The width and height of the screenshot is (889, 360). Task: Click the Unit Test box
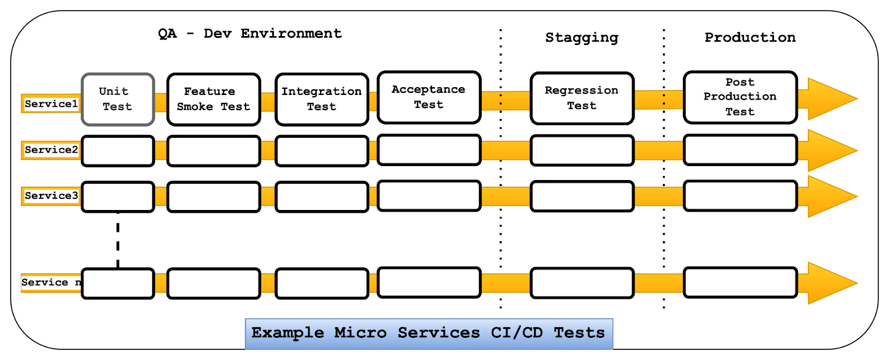click(x=118, y=99)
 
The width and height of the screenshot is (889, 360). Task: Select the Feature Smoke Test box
click(x=213, y=99)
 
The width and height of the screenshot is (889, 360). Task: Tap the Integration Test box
click(x=322, y=99)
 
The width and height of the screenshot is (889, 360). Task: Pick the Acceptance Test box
click(x=429, y=97)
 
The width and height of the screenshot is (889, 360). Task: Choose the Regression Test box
click(x=582, y=98)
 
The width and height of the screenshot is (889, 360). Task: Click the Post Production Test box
click(x=740, y=97)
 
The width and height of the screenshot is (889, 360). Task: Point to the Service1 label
click(x=51, y=103)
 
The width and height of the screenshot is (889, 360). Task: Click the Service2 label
click(x=51, y=149)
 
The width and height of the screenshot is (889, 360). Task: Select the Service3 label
click(x=51, y=196)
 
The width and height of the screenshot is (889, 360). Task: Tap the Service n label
click(x=51, y=282)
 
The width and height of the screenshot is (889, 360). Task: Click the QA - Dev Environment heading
click(x=249, y=34)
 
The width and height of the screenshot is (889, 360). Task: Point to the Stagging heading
click(x=582, y=38)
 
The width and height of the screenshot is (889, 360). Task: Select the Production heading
click(x=750, y=37)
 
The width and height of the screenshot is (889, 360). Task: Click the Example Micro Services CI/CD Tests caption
click(x=429, y=333)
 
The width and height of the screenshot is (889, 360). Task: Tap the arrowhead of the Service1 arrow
click(x=857, y=98)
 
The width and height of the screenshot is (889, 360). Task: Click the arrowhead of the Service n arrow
click(x=857, y=283)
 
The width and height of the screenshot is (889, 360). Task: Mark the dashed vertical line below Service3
click(x=118, y=240)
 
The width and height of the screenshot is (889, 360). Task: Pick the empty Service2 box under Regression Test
click(x=582, y=151)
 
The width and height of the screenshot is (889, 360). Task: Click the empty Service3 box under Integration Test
click(x=322, y=197)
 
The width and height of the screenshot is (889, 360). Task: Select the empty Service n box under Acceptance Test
click(x=429, y=282)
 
